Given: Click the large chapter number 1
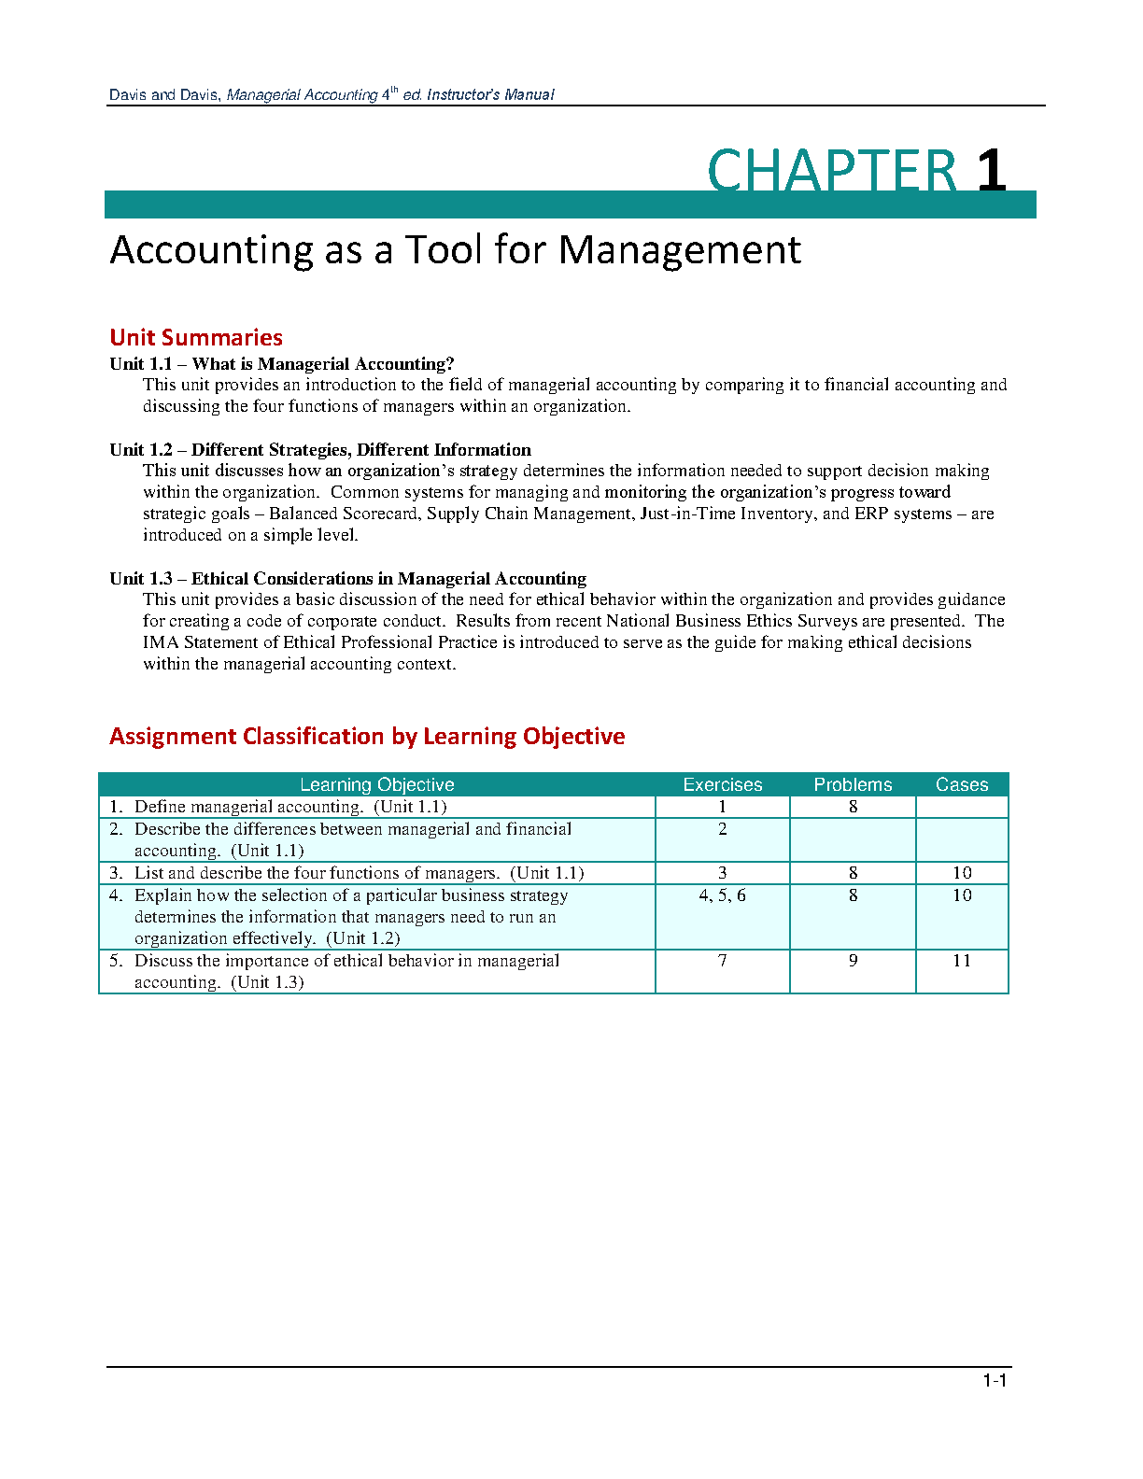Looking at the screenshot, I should pos(991,171).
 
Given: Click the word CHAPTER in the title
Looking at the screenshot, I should pos(832,171).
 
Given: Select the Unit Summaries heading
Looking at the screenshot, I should pos(196,338).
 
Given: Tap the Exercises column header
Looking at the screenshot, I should pos(722,785).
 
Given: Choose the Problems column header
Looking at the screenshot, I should pos(853,785).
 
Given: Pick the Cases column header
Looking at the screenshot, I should pos(962,785).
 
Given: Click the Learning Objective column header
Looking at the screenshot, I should pos(376,785).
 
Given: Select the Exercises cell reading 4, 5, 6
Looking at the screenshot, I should pos(722,895).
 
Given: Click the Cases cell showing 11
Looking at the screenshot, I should pos(962,961).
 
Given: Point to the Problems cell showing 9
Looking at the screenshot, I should pos(853,961).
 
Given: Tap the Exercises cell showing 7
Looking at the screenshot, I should pos(722,961).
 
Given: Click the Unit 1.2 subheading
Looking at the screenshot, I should pos(320,450).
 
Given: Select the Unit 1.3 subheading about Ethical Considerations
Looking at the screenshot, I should pos(347,579).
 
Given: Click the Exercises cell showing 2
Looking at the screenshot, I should pos(722,829).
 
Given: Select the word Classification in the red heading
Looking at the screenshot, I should pos(314,737).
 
